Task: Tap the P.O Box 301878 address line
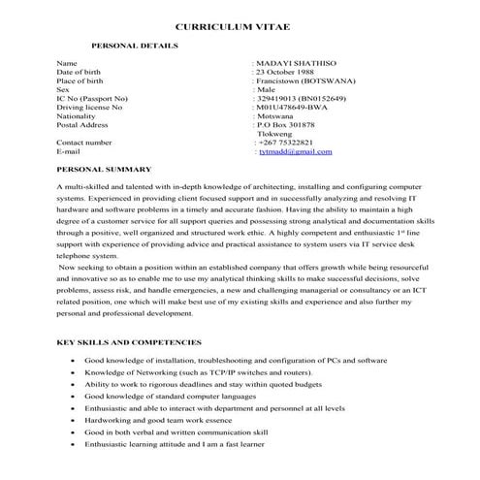coord(294,125)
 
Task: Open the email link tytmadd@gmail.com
coord(296,152)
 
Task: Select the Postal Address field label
coord(81,125)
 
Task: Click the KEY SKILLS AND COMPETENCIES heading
coord(129,342)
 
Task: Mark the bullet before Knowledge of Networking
coord(75,372)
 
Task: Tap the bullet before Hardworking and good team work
coord(75,420)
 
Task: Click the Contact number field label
coord(84,143)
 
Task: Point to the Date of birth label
coord(79,72)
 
